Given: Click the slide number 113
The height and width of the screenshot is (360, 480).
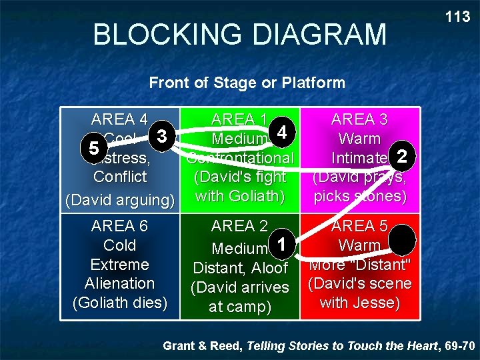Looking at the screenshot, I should tap(457, 17).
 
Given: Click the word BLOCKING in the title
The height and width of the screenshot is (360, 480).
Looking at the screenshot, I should tap(169, 35).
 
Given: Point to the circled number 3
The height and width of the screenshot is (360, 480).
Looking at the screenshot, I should tap(161, 136).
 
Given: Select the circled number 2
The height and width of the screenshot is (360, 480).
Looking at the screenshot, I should tap(401, 156).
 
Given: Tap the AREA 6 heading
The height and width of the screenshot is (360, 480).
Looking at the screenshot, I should tap(119, 227).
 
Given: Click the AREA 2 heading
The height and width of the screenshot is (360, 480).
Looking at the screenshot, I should tap(240, 227).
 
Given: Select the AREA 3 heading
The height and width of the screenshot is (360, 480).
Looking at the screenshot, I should tap(359, 120).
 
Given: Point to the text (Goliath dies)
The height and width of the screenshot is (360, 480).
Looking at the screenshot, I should tap(119, 302).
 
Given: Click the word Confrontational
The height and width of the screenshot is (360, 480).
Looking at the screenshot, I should tap(240, 159).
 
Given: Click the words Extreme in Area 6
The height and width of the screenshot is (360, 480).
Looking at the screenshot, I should tap(119, 265).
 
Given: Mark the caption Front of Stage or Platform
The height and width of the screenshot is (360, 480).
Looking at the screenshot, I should tap(247, 83).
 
